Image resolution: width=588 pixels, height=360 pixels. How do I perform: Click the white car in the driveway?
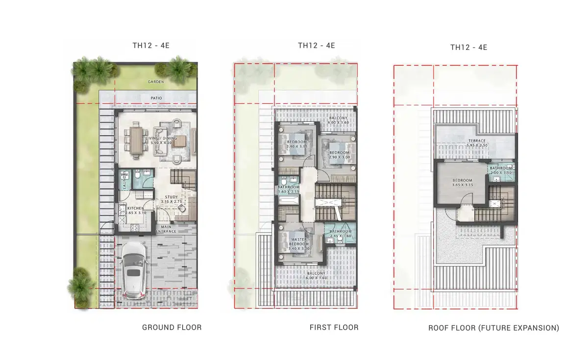134,269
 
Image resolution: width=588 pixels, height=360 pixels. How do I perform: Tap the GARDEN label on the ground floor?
156,82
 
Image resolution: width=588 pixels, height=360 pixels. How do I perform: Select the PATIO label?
156,98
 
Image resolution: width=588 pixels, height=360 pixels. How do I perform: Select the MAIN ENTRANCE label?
166,229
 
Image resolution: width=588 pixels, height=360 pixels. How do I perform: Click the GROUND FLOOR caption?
171,327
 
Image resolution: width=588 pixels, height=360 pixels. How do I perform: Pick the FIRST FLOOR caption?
334,327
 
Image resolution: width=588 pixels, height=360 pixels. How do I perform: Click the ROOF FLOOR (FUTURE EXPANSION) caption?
493,328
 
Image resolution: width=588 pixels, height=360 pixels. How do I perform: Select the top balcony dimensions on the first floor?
338,123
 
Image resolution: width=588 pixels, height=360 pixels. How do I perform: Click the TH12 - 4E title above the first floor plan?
317,46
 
